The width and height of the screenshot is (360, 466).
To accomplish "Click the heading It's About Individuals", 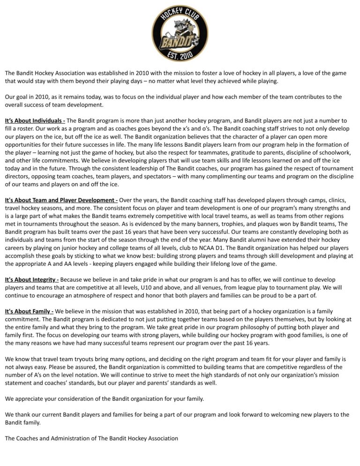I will point(35,120).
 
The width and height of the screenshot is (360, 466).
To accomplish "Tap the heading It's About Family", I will point(29,312).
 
